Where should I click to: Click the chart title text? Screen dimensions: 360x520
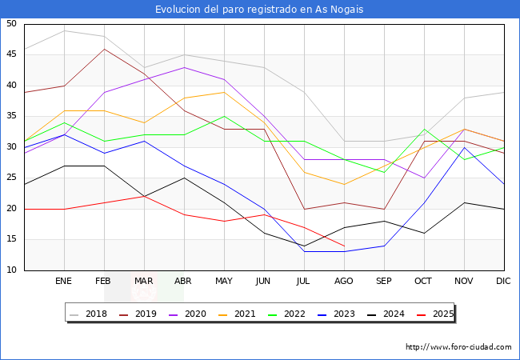[x=260, y=9]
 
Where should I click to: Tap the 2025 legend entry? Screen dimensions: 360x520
[x=441, y=314]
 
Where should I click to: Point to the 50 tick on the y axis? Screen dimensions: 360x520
[x=11, y=24]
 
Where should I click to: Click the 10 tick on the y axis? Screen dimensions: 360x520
[x=11, y=270]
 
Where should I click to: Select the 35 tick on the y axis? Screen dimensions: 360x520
[x=11, y=117]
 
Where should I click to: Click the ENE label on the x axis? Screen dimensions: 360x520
[x=64, y=282]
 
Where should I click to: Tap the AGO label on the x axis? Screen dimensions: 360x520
[x=344, y=282]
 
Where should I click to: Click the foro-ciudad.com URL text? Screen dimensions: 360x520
[x=458, y=347]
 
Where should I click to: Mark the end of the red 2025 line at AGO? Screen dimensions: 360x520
[x=344, y=246]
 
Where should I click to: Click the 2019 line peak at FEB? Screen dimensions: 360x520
[x=104, y=49]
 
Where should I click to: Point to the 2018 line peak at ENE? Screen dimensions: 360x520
[x=64, y=30]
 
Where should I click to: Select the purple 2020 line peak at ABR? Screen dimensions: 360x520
[x=184, y=67]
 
